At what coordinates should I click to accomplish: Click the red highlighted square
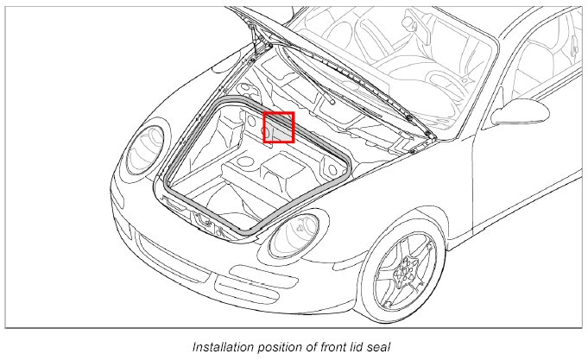tap(279, 127)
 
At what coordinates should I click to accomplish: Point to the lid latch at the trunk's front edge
tap(207, 222)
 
